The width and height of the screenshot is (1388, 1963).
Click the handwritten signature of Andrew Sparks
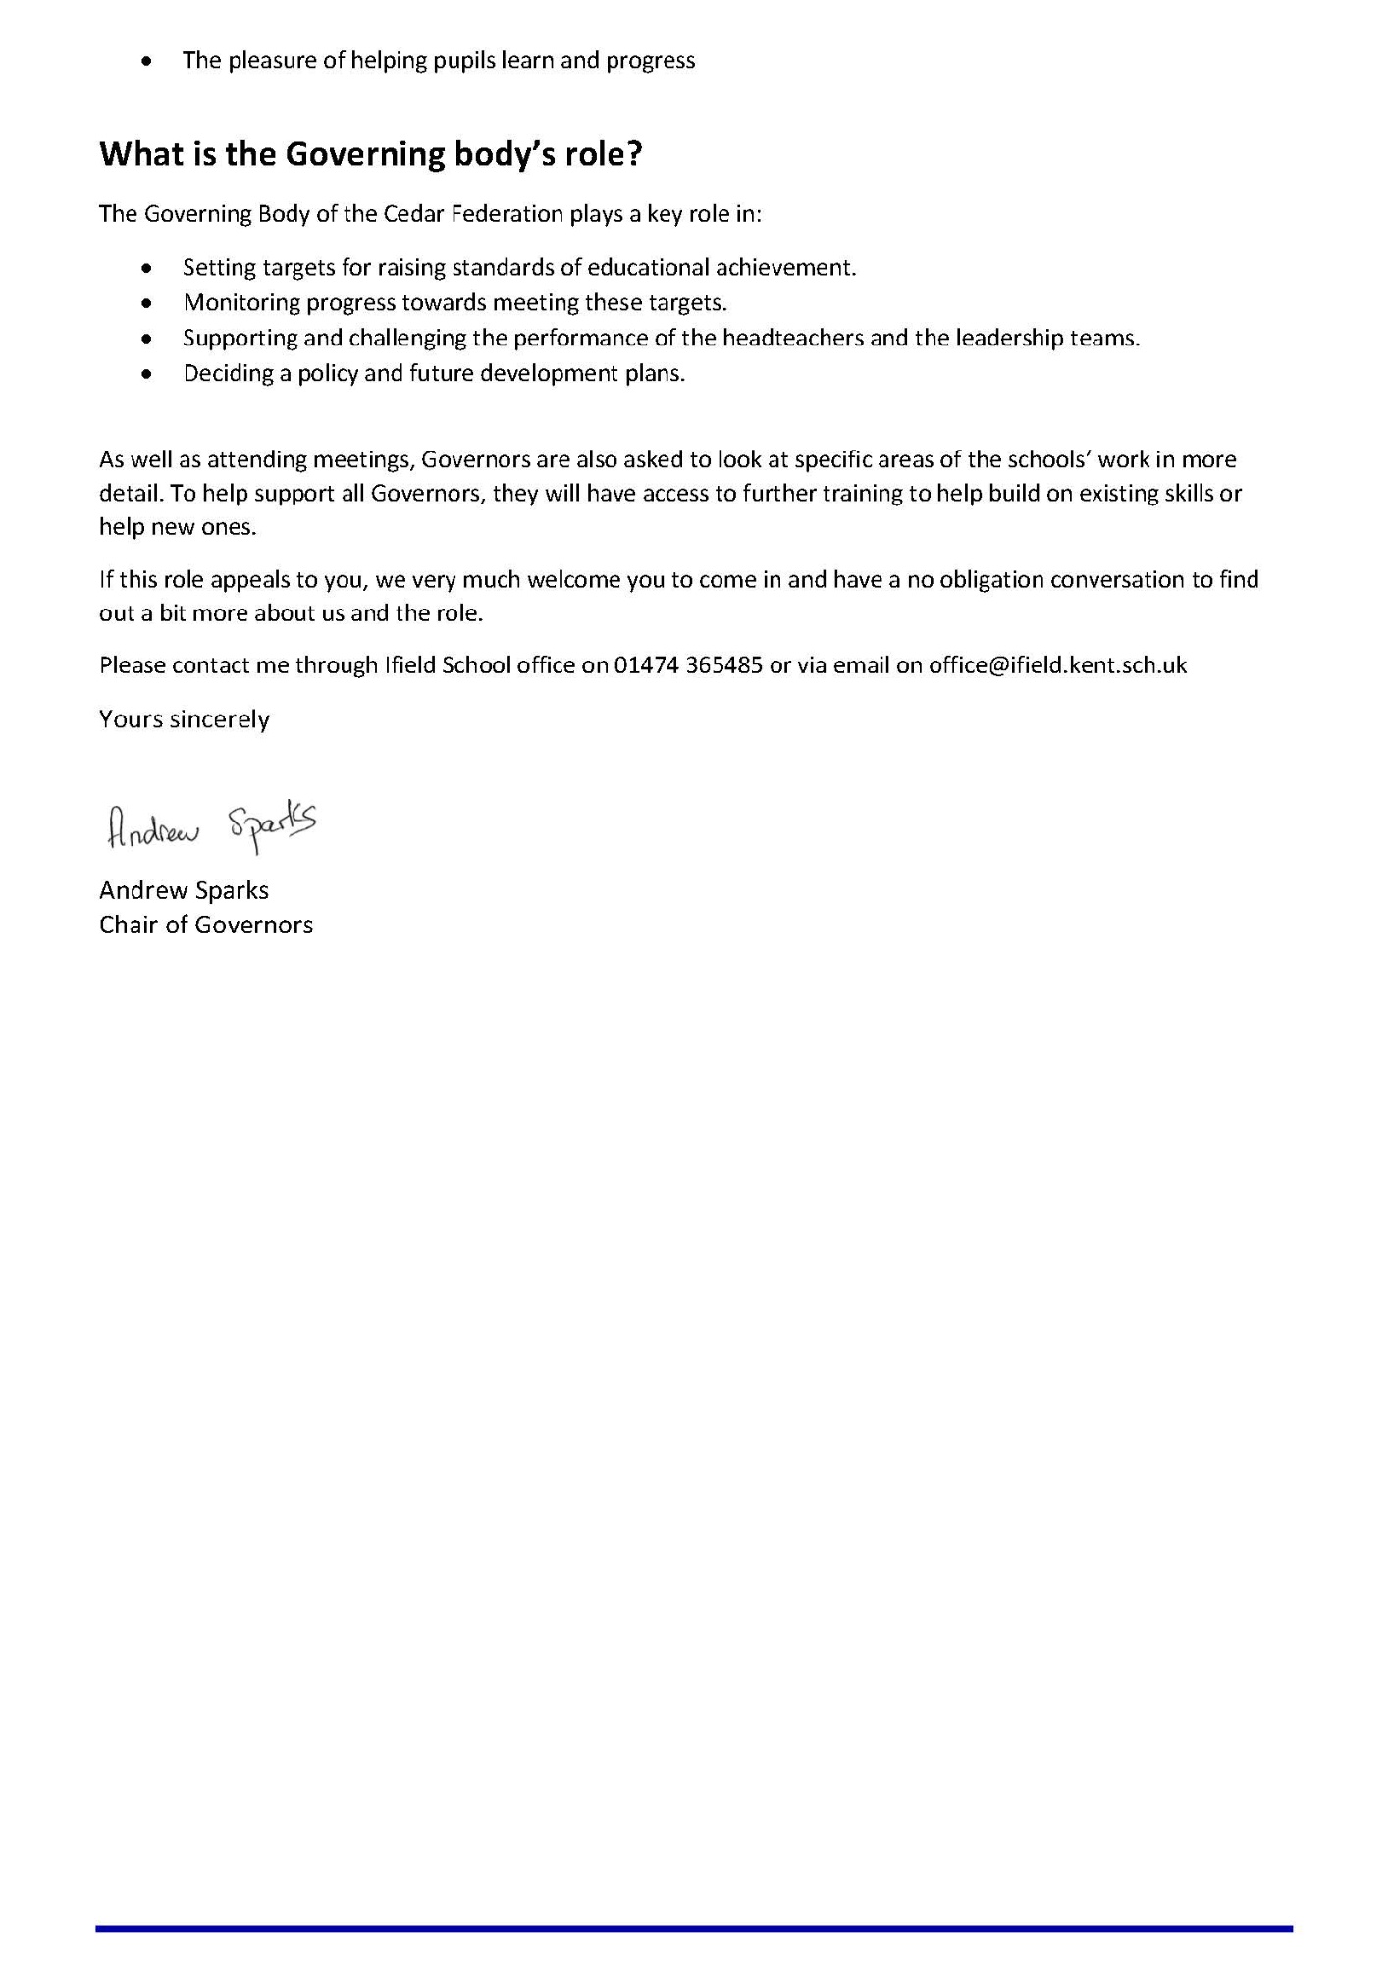point(211,825)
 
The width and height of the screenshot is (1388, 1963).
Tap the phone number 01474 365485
point(688,665)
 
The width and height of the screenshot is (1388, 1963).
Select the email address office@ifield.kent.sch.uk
point(1057,665)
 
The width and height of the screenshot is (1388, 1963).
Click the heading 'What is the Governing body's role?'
point(370,154)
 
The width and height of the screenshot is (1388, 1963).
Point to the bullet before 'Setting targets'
point(146,268)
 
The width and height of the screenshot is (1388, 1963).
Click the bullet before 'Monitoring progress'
point(146,303)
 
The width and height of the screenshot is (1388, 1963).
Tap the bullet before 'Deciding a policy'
point(146,374)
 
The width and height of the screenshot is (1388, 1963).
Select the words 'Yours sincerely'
point(185,719)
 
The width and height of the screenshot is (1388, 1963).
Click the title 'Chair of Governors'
point(206,925)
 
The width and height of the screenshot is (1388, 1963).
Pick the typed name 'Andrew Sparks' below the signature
point(184,890)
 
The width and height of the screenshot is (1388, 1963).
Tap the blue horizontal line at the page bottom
point(694,1928)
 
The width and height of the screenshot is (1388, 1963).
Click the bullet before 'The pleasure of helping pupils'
point(146,61)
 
